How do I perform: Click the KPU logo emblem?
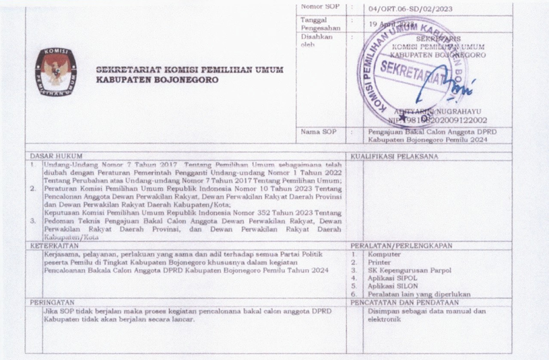(56, 71)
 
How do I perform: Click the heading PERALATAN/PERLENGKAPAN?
(401, 246)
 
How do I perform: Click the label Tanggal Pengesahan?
(321, 24)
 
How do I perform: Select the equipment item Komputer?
(385, 255)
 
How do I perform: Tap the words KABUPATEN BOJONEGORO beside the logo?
(158, 79)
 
